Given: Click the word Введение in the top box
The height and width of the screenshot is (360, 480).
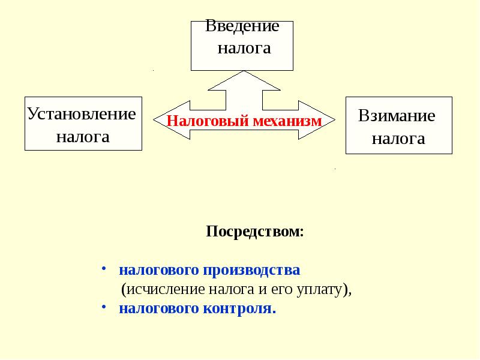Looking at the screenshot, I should pyautogui.click(x=242, y=26).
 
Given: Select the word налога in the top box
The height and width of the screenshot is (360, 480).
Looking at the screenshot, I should pyautogui.click(x=244, y=49).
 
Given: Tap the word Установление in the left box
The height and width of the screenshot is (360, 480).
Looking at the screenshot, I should pyautogui.click(x=82, y=113).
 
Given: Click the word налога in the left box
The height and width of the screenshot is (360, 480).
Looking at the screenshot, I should pyautogui.click(x=83, y=137).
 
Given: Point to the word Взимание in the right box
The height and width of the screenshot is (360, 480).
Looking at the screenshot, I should pyautogui.click(x=397, y=116).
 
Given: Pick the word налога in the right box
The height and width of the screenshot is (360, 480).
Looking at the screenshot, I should pyautogui.click(x=398, y=140).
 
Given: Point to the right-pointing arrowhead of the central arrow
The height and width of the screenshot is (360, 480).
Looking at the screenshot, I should pyautogui.click(x=325, y=118).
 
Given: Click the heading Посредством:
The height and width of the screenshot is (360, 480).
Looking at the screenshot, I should pyautogui.click(x=255, y=232).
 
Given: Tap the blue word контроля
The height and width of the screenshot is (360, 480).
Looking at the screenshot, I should pyautogui.click(x=239, y=309).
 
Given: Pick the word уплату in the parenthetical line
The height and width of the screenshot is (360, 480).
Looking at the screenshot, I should pyautogui.click(x=321, y=289).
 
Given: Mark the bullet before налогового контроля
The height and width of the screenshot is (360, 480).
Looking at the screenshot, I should pyautogui.click(x=103, y=307).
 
